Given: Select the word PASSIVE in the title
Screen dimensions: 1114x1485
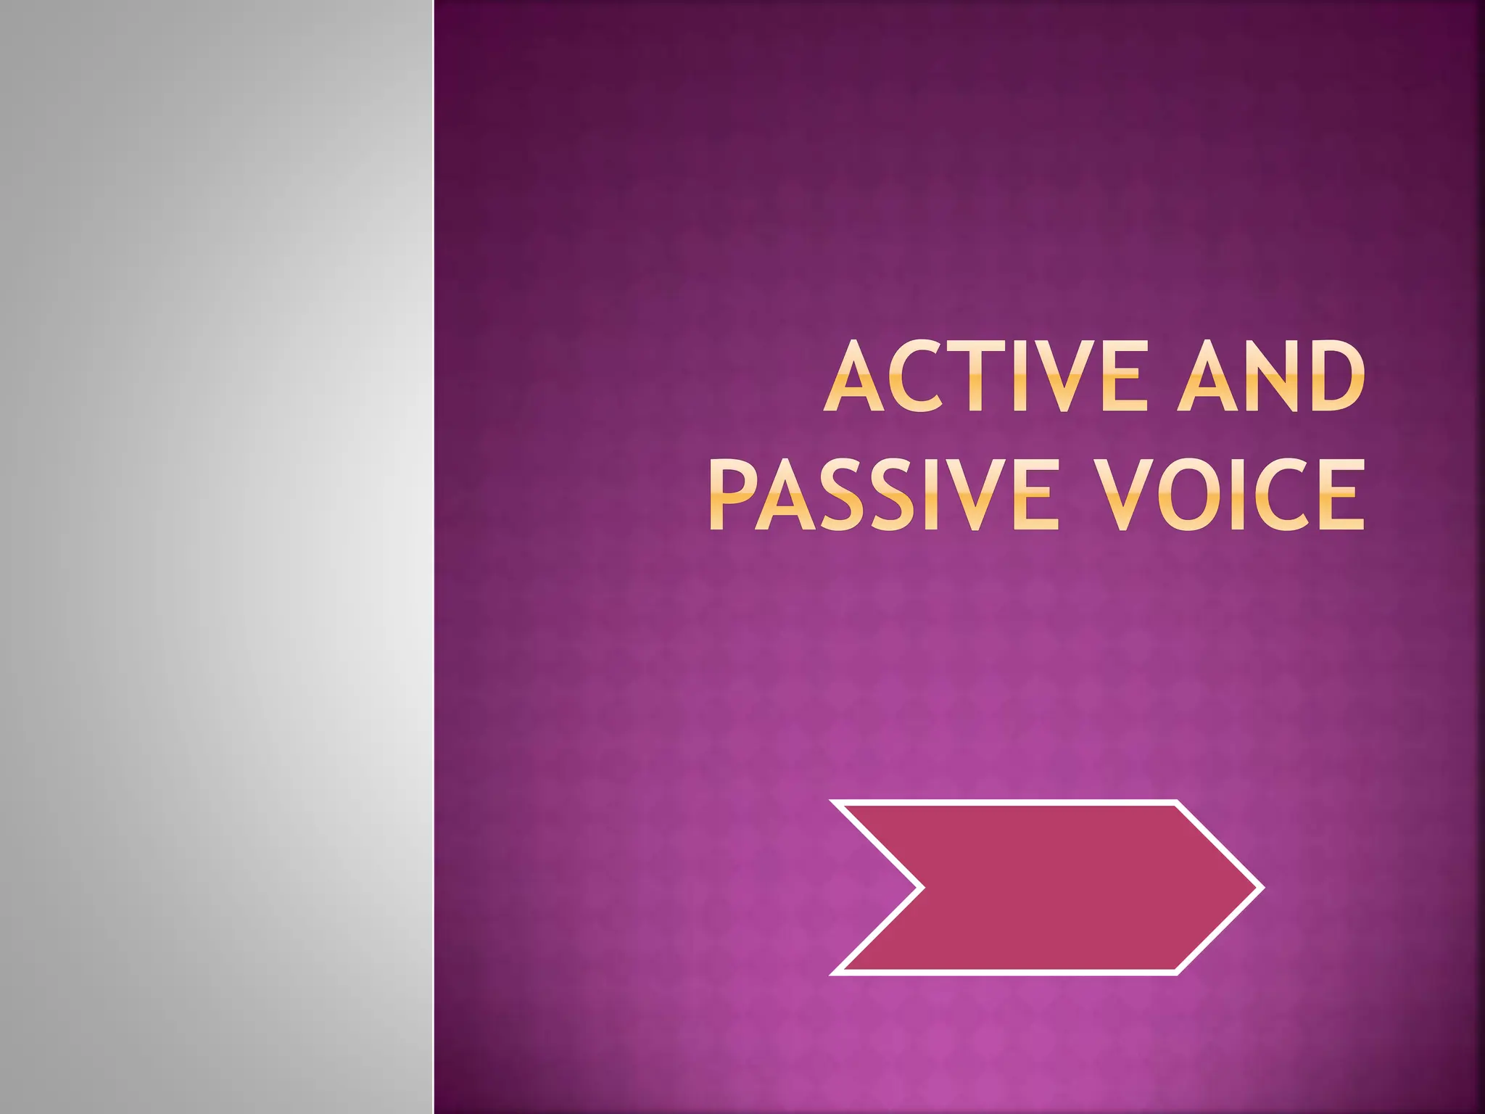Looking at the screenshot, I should pyautogui.click(x=880, y=495).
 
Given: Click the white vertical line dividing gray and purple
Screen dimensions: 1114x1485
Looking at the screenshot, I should pyautogui.click(x=434, y=557).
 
